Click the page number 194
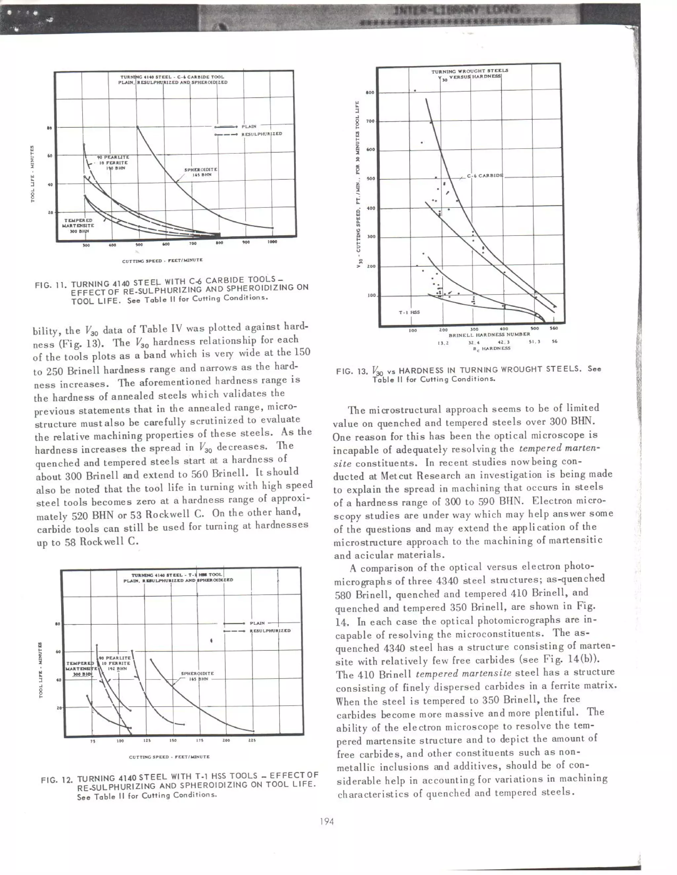[x=327, y=821]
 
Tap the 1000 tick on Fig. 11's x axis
[x=272, y=242]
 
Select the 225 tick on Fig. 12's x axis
[x=252, y=740]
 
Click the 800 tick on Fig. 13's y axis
[x=370, y=92]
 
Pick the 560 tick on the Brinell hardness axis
[x=554, y=328]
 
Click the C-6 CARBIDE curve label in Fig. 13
[x=485, y=176]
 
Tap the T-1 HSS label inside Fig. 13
[x=409, y=312]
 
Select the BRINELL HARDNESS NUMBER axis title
[x=489, y=334]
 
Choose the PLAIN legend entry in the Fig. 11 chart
[x=249, y=126]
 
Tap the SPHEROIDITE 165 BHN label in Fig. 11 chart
[x=201, y=172]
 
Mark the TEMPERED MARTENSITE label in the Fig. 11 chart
[x=79, y=226]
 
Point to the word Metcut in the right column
[x=397, y=476]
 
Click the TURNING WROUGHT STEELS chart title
[x=470, y=71]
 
